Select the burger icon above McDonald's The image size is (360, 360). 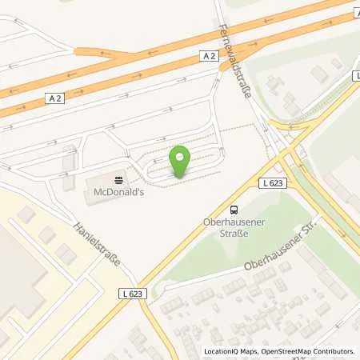click(118, 179)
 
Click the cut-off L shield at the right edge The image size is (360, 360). click(356, 76)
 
